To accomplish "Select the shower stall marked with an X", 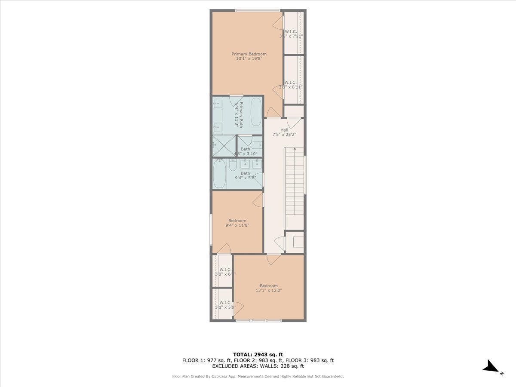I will (224, 146).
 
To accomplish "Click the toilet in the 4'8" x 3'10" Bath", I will (255, 145).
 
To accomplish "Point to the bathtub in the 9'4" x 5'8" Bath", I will (220, 174).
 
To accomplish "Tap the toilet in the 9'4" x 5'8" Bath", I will (232, 165).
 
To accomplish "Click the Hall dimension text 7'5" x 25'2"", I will (284, 135).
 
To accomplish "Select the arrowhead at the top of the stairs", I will (295, 148).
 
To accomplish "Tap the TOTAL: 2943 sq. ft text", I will (258, 354).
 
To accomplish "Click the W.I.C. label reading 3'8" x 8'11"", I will (291, 85).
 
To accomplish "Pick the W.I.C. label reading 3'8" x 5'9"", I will (225, 305).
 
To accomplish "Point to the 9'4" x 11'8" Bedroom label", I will (237, 223).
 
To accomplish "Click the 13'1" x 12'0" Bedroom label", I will (269, 288).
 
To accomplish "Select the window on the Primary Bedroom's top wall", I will (258, 10).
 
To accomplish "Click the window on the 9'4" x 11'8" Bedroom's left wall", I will (211, 229).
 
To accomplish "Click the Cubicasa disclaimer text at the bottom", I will (258, 377).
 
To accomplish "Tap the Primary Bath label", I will (241, 114).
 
